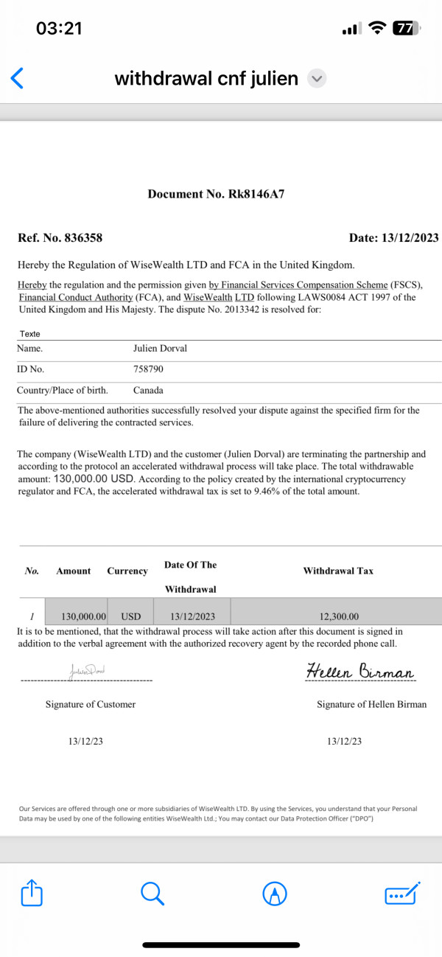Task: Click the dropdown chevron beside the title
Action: tap(316, 78)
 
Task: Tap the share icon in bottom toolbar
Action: tap(32, 894)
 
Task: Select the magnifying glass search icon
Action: tap(151, 894)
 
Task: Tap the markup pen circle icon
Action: tap(275, 894)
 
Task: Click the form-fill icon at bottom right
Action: tap(402, 894)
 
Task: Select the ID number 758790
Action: tap(149, 369)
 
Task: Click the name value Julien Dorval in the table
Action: tap(160, 348)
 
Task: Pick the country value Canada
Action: tap(148, 390)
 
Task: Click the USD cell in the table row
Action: tap(131, 616)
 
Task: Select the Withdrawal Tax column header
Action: tap(338, 571)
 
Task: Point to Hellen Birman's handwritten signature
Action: tap(360, 672)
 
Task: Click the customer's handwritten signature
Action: tap(88, 672)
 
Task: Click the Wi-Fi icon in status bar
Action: tap(377, 29)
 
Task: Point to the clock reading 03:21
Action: tap(59, 29)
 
